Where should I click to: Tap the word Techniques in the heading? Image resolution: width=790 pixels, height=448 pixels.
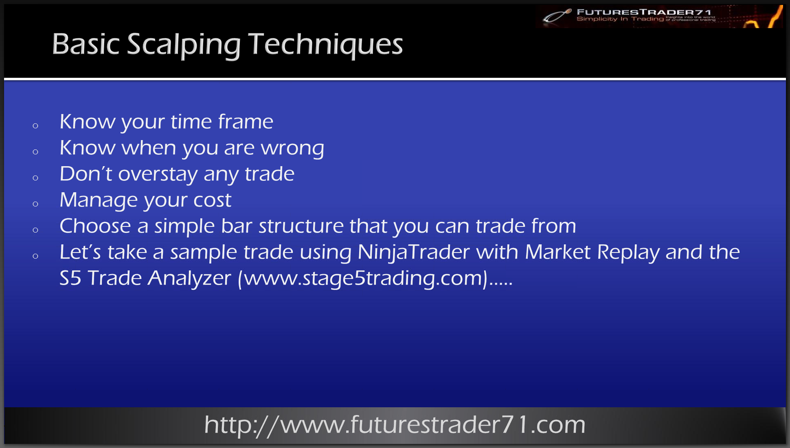click(x=326, y=45)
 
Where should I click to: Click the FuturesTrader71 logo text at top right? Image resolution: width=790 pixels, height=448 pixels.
click(x=644, y=12)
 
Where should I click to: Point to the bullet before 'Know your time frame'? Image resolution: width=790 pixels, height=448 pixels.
click(x=35, y=126)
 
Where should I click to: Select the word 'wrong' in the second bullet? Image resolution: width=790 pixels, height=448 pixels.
click(x=292, y=149)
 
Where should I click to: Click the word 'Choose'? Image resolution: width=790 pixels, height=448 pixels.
click(x=95, y=226)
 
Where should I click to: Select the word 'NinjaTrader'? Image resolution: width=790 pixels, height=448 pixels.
click(x=414, y=253)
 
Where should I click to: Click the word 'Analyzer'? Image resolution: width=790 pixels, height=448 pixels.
click(x=189, y=279)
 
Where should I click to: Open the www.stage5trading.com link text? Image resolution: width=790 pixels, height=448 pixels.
click(x=365, y=279)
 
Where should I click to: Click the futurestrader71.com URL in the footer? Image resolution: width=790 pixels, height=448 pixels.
click(x=395, y=425)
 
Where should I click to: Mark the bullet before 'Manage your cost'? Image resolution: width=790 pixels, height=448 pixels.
click(x=35, y=204)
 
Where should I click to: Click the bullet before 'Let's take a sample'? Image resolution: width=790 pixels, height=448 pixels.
click(x=35, y=256)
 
